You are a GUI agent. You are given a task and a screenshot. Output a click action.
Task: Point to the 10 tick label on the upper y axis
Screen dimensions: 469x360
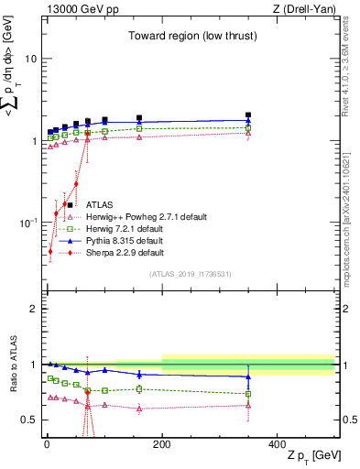(x=28, y=59)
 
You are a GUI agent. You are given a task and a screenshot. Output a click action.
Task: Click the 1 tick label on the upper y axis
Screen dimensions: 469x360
(x=31, y=141)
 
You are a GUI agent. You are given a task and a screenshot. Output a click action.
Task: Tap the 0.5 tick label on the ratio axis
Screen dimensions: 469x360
(x=27, y=420)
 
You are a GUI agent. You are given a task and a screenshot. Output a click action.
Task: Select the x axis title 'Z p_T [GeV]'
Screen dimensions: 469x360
(x=311, y=456)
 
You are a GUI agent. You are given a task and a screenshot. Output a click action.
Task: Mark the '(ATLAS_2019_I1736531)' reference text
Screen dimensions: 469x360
(x=190, y=274)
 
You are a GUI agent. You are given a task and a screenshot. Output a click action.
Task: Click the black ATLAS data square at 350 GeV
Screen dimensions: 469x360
(x=248, y=115)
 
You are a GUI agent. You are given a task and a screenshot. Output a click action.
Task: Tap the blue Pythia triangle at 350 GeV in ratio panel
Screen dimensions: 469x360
(x=248, y=376)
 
